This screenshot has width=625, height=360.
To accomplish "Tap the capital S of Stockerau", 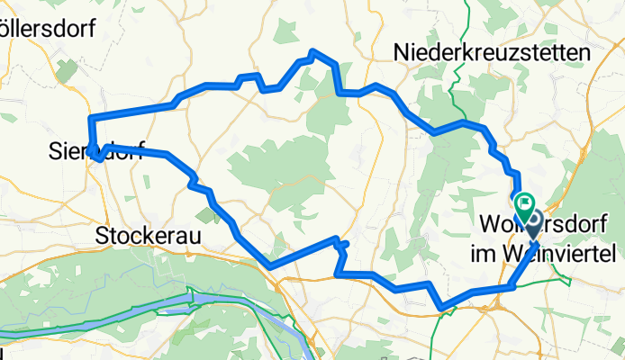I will [102, 236].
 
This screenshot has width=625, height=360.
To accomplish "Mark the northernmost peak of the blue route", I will [312, 51].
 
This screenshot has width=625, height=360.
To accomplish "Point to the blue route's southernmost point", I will [441, 309].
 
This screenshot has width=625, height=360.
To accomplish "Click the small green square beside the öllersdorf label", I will [66, 68].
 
